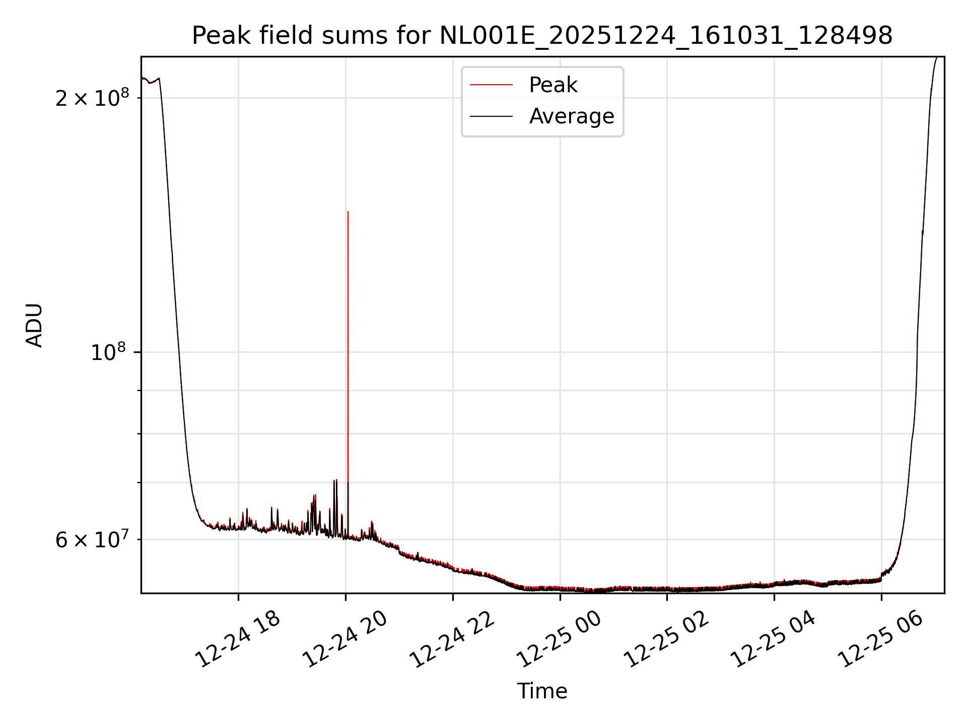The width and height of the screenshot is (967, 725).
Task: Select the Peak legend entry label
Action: (552, 85)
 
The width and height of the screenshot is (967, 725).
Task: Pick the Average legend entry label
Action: (571, 116)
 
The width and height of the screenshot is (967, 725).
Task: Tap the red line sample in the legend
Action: (491, 85)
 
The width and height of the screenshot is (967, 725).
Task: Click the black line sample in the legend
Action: (491, 116)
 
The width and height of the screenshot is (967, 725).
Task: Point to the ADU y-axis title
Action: (34, 325)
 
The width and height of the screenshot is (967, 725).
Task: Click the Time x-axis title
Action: (542, 691)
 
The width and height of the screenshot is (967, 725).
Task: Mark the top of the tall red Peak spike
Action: (348, 212)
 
